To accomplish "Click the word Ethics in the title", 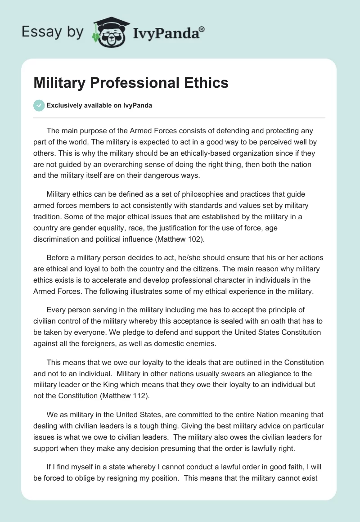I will point(206,83).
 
